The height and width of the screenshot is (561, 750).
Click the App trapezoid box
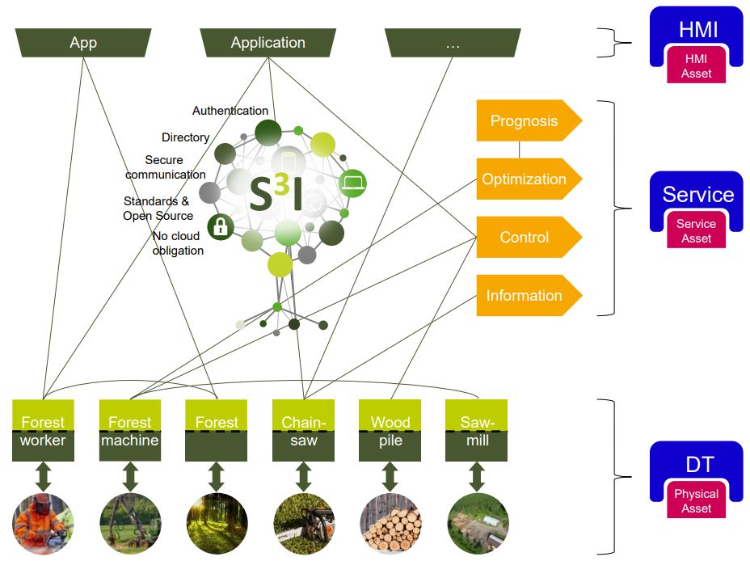pyautogui.click(x=83, y=43)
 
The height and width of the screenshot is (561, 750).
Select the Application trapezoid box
pyautogui.click(x=268, y=43)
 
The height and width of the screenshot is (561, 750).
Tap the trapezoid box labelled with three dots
pyautogui.click(x=453, y=43)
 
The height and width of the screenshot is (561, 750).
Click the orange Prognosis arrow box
pyautogui.click(x=529, y=120)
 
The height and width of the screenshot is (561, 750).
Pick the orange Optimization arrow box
pyautogui.click(x=529, y=179)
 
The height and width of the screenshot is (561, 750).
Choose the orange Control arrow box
pyautogui.click(x=529, y=237)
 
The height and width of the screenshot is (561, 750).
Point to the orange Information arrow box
pyautogui.click(x=529, y=296)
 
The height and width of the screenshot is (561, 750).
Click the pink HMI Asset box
pyautogui.click(x=697, y=65)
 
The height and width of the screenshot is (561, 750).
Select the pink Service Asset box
pyautogui.click(x=697, y=230)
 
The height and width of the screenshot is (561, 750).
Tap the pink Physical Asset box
pyautogui.click(x=697, y=500)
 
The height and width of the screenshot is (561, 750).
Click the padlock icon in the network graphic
pyautogui.click(x=221, y=226)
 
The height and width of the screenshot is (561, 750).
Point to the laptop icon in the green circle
pyautogui.click(x=352, y=183)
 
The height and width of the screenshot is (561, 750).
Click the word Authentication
pyautogui.click(x=230, y=111)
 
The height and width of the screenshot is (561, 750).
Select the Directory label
pyautogui.click(x=186, y=137)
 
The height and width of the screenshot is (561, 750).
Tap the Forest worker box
pyautogui.click(x=43, y=430)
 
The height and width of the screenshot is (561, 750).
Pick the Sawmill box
pyautogui.click(x=476, y=430)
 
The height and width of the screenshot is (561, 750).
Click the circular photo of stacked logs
pyautogui.click(x=390, y=524)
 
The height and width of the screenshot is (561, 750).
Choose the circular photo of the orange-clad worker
pyautogui.click(x=43, y=524)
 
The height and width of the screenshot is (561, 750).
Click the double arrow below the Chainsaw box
pyautogui.click(x=303, y=477)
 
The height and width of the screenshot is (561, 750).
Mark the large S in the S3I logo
pyautogui.click(x=261, y=194)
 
